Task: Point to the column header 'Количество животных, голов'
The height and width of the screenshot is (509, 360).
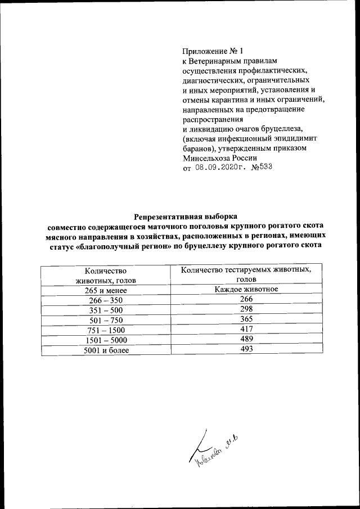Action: click(x=105, y=276)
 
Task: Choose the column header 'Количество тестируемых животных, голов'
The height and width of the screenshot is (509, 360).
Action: click(x=246, y=274)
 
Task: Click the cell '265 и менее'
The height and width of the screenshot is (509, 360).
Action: click(x=105, y=290)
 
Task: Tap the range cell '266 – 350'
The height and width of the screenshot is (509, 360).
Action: click(x=105, y=300)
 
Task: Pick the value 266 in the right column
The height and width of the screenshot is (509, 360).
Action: click(x=246, y=299)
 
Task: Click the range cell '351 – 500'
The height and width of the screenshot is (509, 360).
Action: click(x=105, y=310)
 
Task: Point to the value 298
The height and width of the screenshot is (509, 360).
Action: click(x=246, y=309)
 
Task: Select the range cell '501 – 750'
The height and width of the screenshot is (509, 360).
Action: click(x=105, y=321)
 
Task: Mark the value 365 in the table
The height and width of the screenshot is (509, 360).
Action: click(x=246, y=319)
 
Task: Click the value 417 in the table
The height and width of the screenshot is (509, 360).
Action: click(x=246, y=329)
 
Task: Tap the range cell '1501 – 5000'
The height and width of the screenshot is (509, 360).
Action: click(x=105, y=340)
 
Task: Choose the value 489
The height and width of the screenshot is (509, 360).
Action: click(x=246, y=339)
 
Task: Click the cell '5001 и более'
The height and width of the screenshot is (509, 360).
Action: click(x=105, y=350)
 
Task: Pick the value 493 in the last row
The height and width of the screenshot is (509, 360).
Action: click(x=246, y=349)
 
